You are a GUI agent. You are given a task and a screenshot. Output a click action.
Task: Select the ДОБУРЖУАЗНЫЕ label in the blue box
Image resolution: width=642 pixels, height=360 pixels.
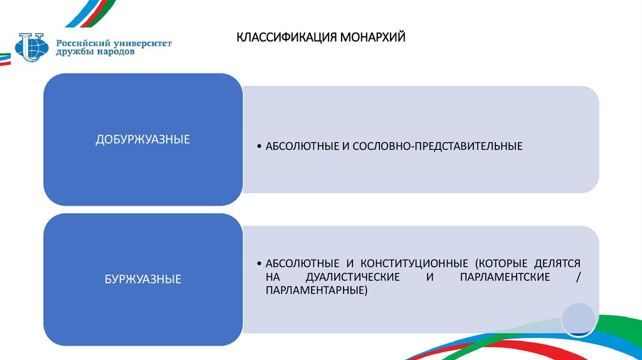[x=143, y=139]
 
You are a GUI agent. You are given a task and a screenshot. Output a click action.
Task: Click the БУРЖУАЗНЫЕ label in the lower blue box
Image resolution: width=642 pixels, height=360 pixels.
[x=143, y=278]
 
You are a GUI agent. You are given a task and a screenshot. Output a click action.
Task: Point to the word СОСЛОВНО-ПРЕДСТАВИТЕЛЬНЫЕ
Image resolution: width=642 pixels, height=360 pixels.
[x=438, y=146]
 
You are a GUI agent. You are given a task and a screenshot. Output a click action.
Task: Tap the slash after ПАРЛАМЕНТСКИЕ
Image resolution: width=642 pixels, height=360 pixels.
[x=577, y=277]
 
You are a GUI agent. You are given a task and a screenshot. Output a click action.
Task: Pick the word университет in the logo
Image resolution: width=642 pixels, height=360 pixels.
[x=143, y=43]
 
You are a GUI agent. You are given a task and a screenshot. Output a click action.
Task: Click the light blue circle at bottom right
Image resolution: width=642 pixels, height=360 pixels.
[x=577, y=318]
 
